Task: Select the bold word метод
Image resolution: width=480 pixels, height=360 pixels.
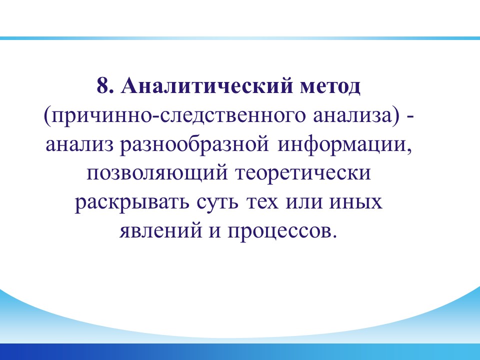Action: (x=330, y=87)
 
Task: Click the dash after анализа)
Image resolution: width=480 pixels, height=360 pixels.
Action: (x=411, y=117)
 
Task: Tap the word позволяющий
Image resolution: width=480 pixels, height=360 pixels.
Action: (x=157, y=173)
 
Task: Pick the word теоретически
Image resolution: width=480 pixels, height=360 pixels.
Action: (x=303, y=173)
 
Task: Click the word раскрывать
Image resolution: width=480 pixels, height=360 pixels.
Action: (x=132, y=202)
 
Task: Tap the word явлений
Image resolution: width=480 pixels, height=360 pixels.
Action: (x=160, y=230)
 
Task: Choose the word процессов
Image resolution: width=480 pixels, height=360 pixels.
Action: (x=282, y=231)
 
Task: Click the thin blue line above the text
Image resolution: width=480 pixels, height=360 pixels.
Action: (x=240, y=38)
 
